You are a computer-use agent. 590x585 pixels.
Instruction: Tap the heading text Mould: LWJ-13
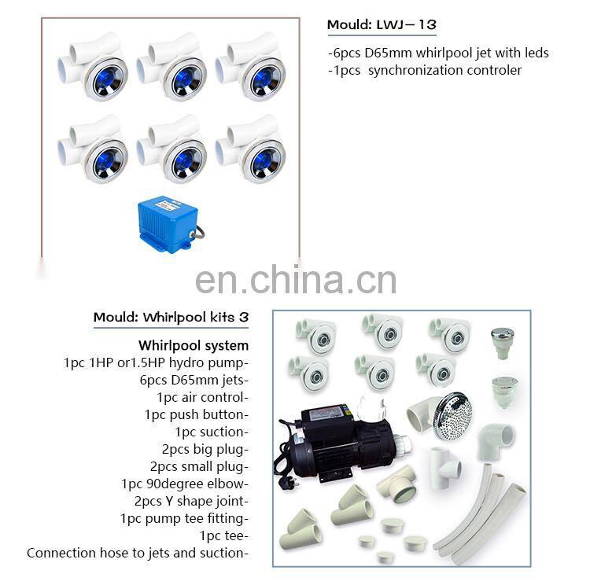382,25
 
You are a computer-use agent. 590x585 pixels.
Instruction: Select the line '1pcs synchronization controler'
425,70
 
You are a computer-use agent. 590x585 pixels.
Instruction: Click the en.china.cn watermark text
295,280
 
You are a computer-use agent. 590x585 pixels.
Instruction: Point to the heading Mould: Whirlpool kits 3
171,318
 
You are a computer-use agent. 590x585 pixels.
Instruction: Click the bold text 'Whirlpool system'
194,345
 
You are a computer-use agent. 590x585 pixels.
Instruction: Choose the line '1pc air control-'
203,397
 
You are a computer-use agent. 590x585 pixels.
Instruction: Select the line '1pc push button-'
197,414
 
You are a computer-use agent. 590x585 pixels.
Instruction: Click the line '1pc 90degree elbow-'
185,484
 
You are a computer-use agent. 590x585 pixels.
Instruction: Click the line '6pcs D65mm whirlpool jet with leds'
438,53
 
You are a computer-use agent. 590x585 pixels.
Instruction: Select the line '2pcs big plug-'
205,449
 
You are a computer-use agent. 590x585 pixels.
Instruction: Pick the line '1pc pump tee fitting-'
185,518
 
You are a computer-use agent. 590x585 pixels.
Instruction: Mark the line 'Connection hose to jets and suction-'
138,553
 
